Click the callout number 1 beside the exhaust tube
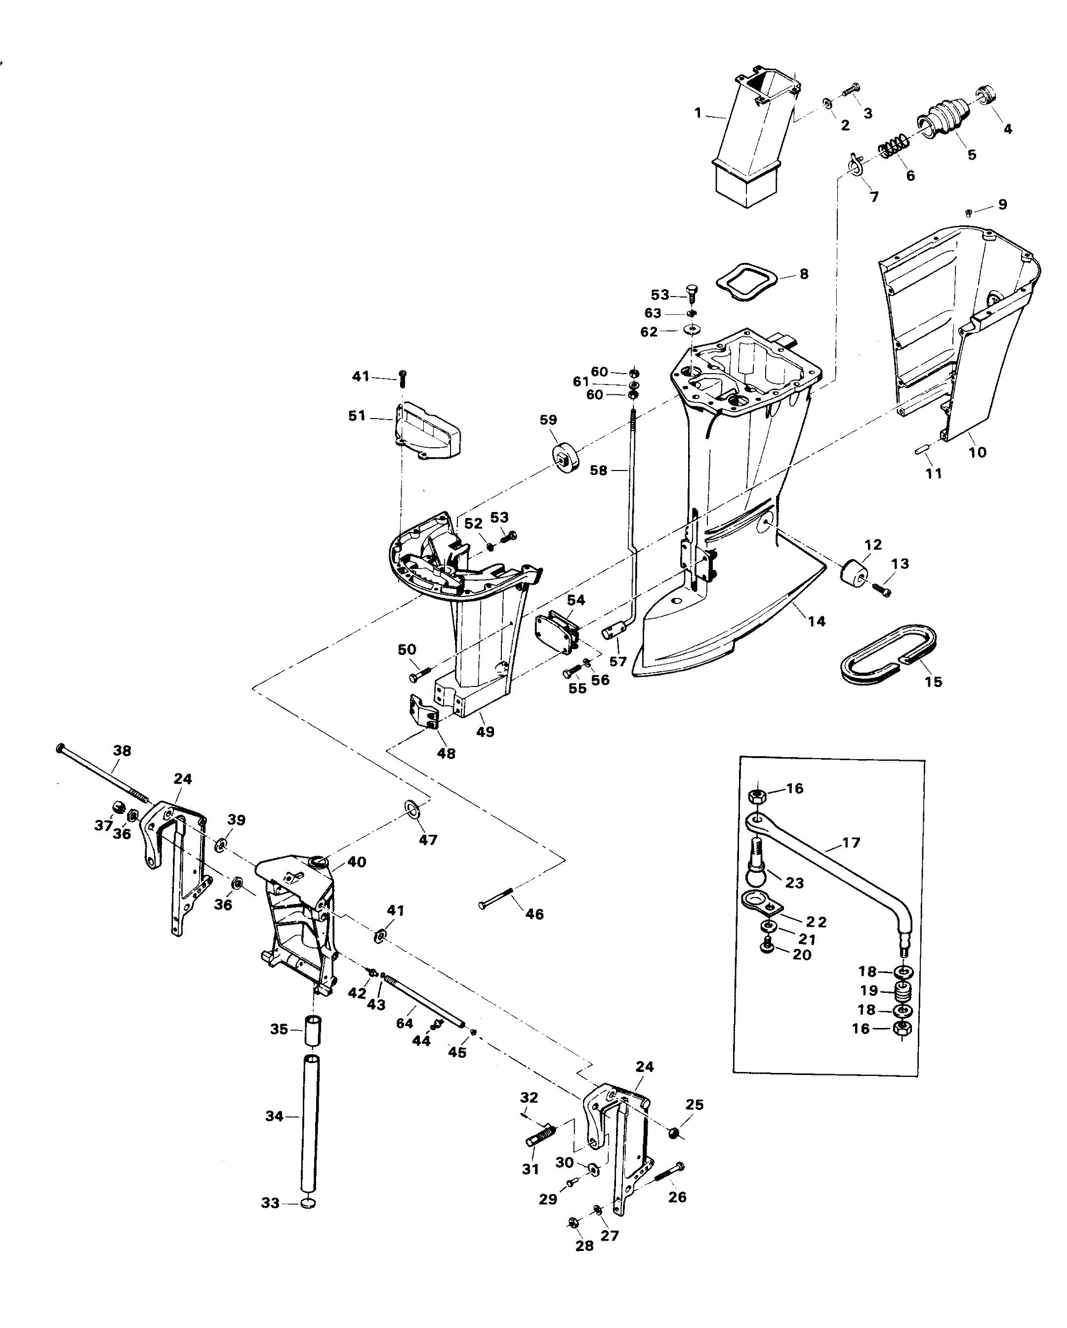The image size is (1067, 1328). pos(698,113)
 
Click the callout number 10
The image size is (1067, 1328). pos(977,452)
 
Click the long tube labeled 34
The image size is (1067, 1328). pos(310,1125)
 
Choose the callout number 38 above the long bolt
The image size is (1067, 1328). pos(122,750)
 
